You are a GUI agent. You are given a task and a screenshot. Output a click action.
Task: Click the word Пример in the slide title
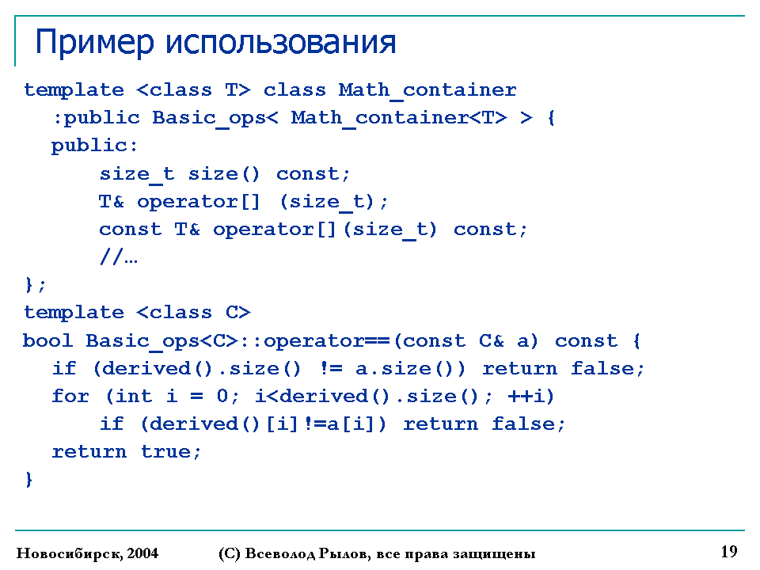click(95, 43)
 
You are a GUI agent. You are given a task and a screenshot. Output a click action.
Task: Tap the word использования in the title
click(280, 42)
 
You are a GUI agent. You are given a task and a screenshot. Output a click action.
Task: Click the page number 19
click(729, 552)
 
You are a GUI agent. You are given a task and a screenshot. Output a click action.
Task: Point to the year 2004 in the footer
click(142, 553)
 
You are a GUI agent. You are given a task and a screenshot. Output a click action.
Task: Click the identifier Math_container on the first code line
click(427, 90)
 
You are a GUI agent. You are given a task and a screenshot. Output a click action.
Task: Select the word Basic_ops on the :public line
click(209, 118)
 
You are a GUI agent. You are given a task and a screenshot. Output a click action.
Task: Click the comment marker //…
click(118, 256)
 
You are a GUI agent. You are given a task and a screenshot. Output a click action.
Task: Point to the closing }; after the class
click(35, 284)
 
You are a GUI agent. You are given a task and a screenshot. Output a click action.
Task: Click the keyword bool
click(48, 340)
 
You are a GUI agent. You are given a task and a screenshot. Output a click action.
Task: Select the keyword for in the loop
click(70, 396)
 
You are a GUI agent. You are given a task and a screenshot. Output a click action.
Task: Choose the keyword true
click(165, 452)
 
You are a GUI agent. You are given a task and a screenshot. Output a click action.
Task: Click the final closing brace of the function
click(29, 480)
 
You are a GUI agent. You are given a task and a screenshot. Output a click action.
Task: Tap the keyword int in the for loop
click(134, 396)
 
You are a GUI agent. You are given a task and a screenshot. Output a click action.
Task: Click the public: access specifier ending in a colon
click(94, 146)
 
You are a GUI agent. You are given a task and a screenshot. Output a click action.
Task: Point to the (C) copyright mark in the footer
click(230, 553)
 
